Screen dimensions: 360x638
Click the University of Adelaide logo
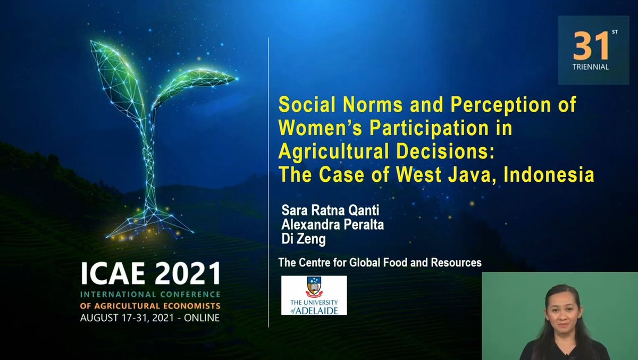tap(314, 295)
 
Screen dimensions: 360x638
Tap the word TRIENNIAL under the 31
tap(591, 68)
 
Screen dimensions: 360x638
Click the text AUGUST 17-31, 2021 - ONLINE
tap(149, 317)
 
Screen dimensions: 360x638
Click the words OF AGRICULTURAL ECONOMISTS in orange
tap(149, 306)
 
